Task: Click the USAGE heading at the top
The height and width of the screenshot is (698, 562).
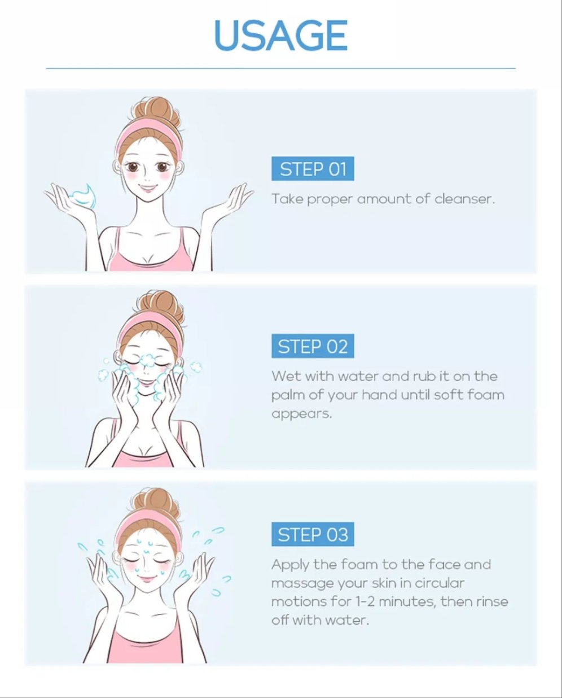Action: click(x=280, y=35)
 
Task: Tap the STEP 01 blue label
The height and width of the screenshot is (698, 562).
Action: click(x=313, y=169)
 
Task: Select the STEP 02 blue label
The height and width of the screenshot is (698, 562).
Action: click(x=313, y=346)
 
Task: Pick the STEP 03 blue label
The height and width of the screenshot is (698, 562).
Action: click(x=313, y=534)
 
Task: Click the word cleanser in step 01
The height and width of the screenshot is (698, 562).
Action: click(x=465, y=199)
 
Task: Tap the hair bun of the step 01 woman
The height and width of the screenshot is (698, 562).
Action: click(x=157, y=111)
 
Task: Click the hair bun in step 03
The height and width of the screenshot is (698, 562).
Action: click(x=157, y=503)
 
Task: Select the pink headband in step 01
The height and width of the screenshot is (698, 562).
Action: click(x=148, y=136)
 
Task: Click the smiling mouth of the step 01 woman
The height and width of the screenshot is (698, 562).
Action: click(x=148, y=188)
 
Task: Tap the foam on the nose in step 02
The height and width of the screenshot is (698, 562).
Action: click(x=148, y=360)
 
